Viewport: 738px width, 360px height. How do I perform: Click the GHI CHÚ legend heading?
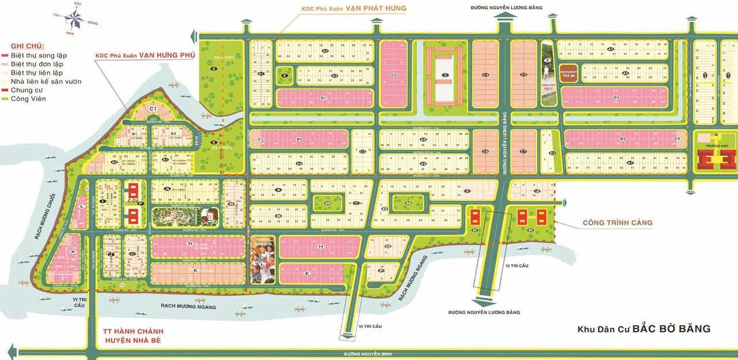click(x=28, y=46)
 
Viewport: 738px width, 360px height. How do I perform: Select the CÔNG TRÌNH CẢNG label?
click(x=617, y=222)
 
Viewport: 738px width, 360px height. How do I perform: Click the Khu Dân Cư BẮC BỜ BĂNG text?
click(x=644, y=329)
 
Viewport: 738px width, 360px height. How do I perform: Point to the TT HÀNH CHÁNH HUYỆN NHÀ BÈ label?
click(x=130, y=336)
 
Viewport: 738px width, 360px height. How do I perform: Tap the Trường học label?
click(x=717, y=139)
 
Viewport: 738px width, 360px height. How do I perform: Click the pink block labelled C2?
click(x=394, y=74)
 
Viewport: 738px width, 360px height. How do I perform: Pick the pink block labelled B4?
click(x=615, y=97)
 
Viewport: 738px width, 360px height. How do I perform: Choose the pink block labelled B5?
click(x=622, y=139)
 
